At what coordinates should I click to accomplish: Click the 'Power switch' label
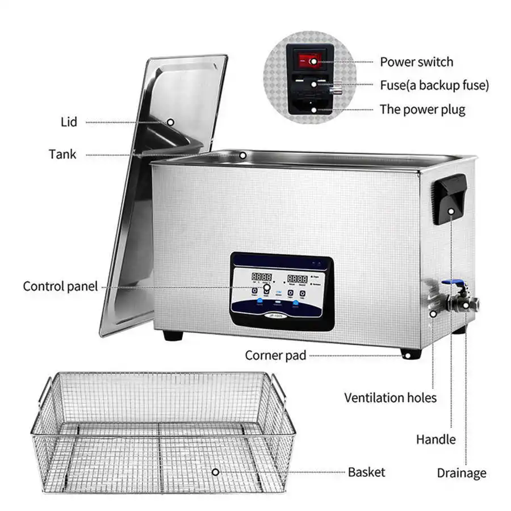417,61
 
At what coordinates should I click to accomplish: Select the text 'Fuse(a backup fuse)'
434,85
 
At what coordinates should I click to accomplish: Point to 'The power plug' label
422,109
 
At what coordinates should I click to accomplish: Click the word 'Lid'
68,122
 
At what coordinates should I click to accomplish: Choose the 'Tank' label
62,154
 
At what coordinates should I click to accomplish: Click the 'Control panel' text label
60,286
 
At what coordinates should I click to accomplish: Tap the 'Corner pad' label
275,355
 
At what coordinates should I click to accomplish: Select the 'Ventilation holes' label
391,397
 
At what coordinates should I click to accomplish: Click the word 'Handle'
436,439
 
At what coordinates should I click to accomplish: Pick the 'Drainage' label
462,472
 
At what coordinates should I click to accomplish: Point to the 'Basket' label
367,472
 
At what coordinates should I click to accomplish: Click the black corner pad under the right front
408,355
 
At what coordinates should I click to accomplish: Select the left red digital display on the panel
261,278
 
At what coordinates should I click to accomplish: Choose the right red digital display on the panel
298,279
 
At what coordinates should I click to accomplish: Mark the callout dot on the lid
170,122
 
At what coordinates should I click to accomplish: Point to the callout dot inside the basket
215,472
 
